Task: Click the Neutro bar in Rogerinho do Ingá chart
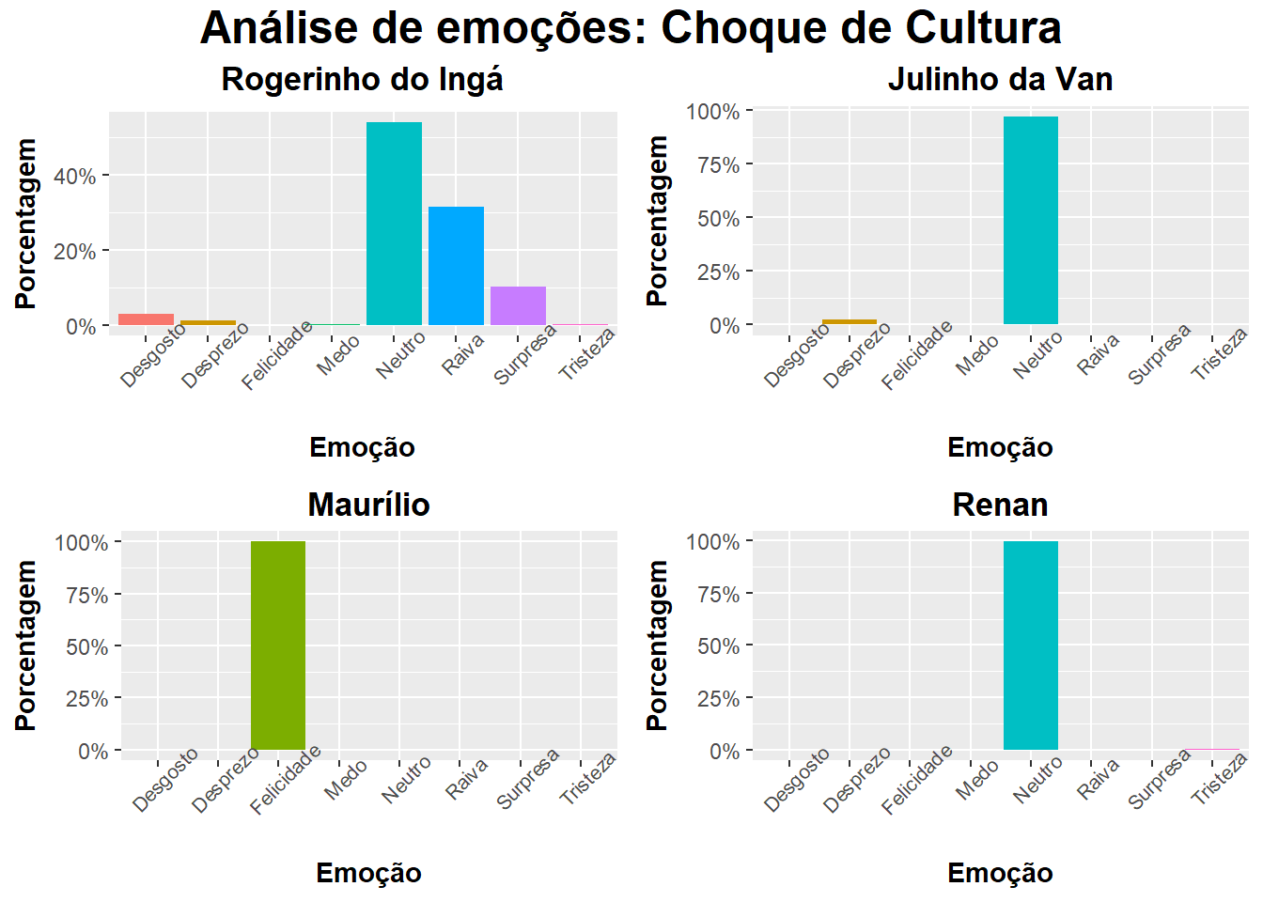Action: (394, 224)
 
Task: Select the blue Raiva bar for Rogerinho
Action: (456, 266)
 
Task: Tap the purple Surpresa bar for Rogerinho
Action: (518, 305)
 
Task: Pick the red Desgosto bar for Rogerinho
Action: (146, 319)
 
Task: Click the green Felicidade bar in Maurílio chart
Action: (278, 645)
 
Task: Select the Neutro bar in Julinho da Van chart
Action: (1031, 221)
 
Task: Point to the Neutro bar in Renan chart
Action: (1031, 645)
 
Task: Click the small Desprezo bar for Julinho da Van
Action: (850, 321)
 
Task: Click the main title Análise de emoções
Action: (631, 28)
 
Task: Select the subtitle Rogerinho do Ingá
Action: (362, 80)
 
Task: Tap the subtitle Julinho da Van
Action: (1000, 80)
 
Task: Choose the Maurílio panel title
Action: (368, 505)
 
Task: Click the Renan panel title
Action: (1000, 505)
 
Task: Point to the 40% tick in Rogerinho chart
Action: (74, 177)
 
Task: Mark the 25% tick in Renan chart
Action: (718, 699)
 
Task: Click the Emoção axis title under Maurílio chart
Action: (368, 873)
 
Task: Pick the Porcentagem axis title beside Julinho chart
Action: (657, 221)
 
